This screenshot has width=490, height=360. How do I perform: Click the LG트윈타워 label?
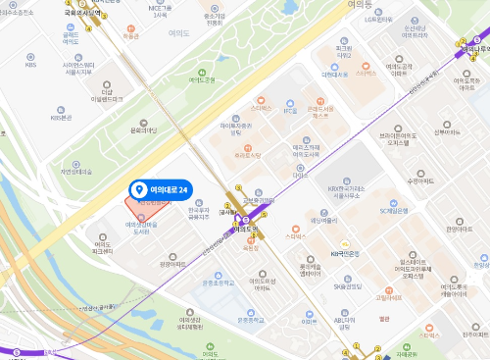[x=384, y=19]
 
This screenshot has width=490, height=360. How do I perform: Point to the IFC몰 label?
[x=289, y=111]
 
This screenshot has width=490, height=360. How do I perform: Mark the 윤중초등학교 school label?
[x=218, y=282]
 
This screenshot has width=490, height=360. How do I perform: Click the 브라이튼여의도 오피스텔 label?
[x=398, y=138]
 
